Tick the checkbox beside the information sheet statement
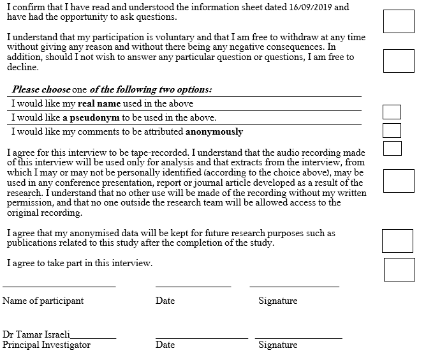399,21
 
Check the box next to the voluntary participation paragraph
399,61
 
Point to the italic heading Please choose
41,90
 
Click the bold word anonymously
214,132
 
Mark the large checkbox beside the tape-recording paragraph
399,181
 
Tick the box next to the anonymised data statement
397,241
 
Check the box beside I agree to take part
399,269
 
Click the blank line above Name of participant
59,287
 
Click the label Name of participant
43,301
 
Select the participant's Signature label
277,301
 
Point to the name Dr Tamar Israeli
36,334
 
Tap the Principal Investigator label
47,345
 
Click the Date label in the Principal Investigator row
165,345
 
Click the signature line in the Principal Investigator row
298,338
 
